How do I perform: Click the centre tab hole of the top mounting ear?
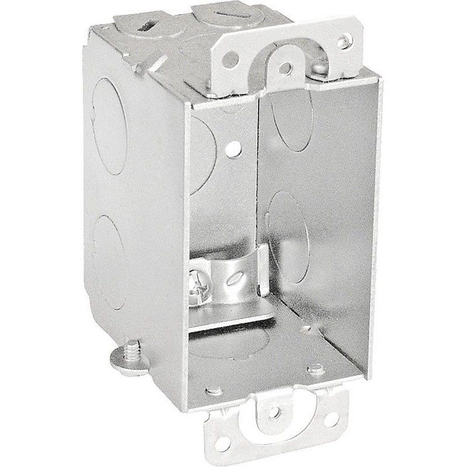click(x=285, y=69)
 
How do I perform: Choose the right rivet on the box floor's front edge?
click(x=315, y=368)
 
